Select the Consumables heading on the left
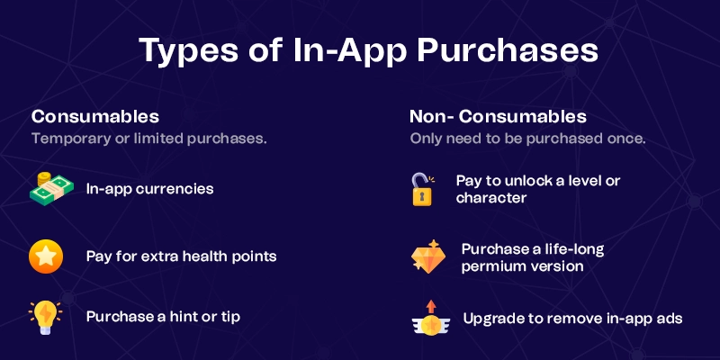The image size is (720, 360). (95, 117)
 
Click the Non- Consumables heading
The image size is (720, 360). (498, 117)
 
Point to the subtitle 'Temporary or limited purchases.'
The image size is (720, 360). (149, 139)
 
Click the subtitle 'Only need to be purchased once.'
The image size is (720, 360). (527, 139)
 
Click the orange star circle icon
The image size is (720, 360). (45, 256)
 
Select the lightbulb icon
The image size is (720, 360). (45, 316)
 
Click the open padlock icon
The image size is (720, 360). (421, 189)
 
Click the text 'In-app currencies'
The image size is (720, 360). (150, 190)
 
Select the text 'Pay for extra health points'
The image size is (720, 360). (181, 256)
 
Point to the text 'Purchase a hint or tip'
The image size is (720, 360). (163, 317)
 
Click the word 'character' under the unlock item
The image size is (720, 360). (490, 198)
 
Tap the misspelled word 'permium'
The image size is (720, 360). (494, 265)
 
